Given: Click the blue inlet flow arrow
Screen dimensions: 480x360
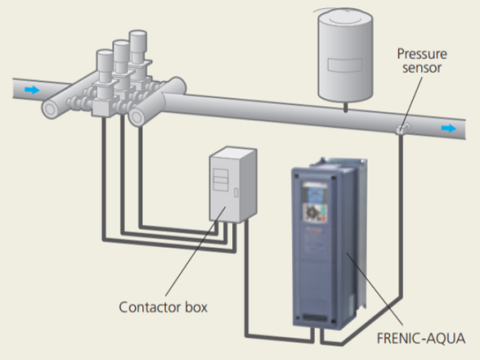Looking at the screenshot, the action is pyautogui.click(x=32, y=90).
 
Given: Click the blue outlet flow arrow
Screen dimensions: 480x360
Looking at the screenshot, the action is pyautogui.click(x=448, y=129).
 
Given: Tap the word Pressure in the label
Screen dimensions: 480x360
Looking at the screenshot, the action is pyautogui.click(x=422, y=54).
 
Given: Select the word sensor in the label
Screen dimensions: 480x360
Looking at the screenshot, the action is pyautogui.click(x=422, y=68).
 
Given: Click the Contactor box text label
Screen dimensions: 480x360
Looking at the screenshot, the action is pyautogui.click(x=164, y=307).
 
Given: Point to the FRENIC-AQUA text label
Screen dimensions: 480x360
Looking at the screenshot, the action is pyautogui.click(x=421, y=339).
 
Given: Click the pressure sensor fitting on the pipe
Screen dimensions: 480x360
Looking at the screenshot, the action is pyautogui.click(x=402, y=129).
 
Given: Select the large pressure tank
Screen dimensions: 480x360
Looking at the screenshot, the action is pyautogui.click(x=346, y=56).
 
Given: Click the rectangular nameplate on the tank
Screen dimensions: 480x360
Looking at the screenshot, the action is pyautogui.click(x=345, y=65).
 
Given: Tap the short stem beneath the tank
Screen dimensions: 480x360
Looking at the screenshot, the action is pyautogui.click(x=346, y=108).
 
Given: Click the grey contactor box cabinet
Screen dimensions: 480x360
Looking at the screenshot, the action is pyautogui.click(x=233, y=184).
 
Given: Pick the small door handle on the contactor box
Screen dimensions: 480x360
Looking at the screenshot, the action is pyautogui.click(x=236, y=193).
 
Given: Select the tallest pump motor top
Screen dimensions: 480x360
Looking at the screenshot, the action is pyautogui.click(x=138, y=40).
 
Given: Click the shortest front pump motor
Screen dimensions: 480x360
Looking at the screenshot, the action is pyautogui.click(x=105, y=66).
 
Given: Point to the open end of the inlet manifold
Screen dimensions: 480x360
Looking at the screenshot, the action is pyautogui.click(x=49, y=109).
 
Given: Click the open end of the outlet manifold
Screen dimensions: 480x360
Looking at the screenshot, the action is pyautogui.click(x=136, y=116).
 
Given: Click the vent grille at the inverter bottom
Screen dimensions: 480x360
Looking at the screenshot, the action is pyautogui.click(x=314, y=318).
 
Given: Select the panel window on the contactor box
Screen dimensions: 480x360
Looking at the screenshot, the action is pyautogui.click(x=221, y=180).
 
